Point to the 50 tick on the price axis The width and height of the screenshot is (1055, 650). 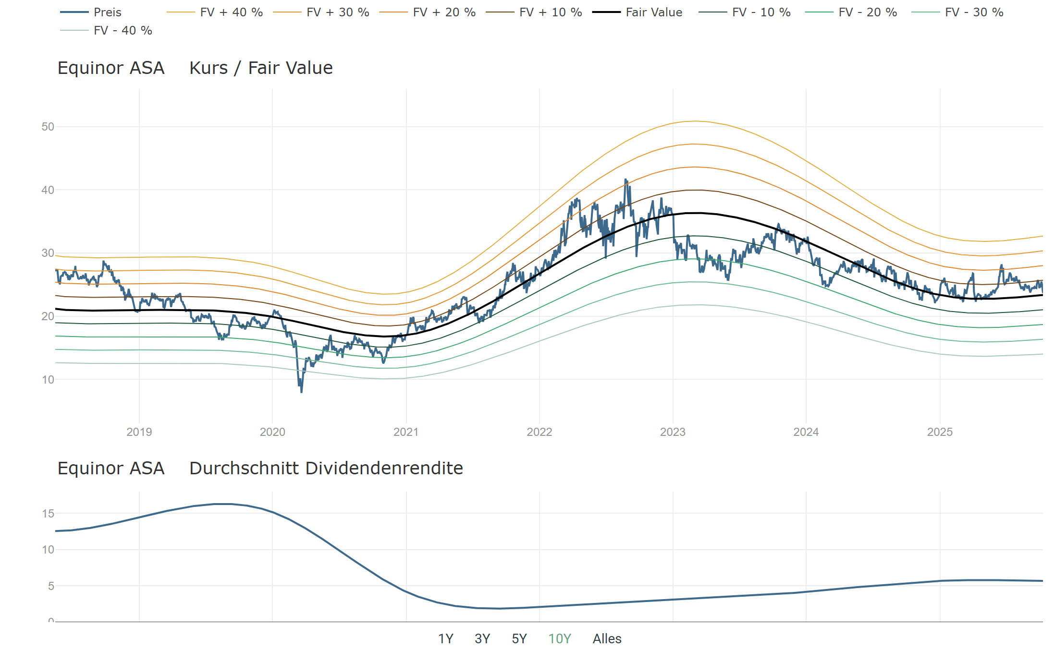(48, 127)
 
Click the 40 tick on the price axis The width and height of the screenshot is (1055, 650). (48, 190)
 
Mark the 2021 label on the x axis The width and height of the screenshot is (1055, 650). (406, 432)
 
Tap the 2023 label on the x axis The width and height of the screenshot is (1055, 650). (673, 432)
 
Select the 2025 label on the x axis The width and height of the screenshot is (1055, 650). (940, 432)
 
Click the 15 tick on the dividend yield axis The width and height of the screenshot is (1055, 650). (48, 514)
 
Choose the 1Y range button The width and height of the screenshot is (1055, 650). (446, 639)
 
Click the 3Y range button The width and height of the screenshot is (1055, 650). (482, 639)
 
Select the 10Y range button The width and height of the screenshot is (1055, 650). (560, 639)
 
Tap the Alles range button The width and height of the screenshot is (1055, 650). (607, 639)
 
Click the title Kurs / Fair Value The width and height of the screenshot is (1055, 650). (261, 68)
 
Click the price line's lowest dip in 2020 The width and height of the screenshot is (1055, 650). (302, 392)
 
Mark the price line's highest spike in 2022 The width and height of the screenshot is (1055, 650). (626, 180)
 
